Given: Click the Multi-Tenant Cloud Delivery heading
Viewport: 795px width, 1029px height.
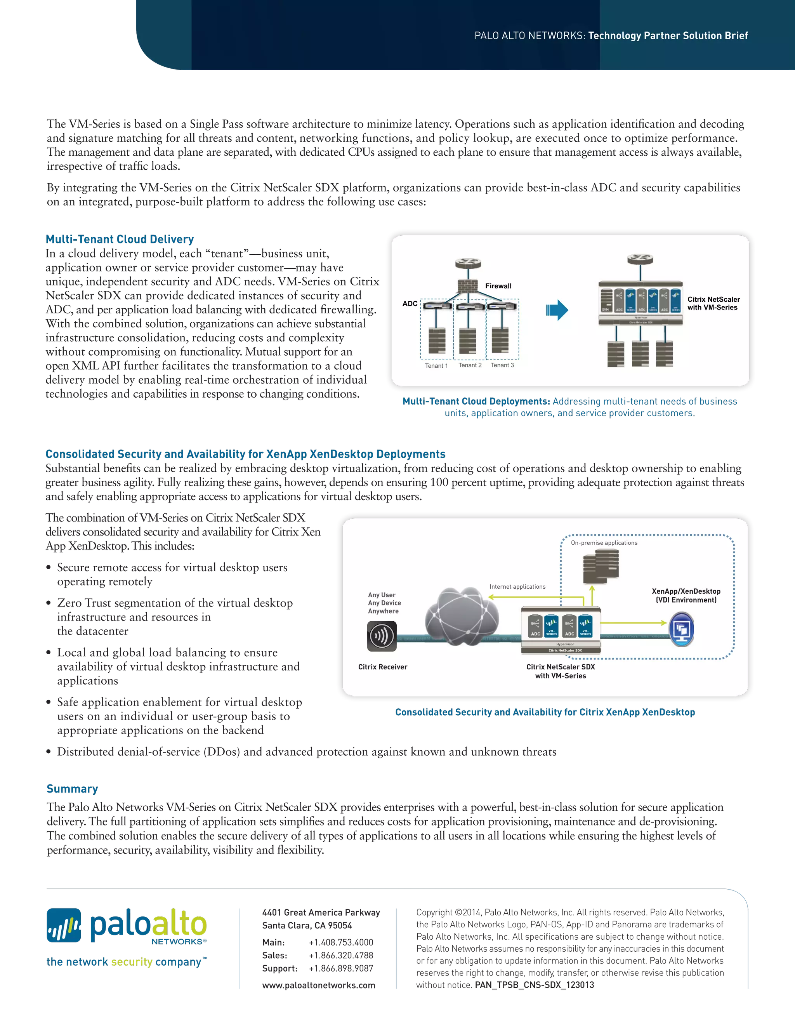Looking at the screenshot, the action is tap(120, 239).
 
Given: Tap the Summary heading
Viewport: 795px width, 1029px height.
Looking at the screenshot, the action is tap(72, 788).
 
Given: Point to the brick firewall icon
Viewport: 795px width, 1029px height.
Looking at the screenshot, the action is tap(468, 285).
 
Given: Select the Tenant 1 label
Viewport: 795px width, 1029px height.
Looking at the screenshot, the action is tap(436, 366).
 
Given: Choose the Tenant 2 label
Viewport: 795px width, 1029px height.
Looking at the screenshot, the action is tap(470, 365).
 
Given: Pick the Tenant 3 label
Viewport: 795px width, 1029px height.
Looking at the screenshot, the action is tap(502, 365).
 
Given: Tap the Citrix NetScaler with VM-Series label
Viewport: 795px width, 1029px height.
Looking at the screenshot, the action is tap(713, 303).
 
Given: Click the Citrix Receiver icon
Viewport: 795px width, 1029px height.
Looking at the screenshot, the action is tap(382, 636).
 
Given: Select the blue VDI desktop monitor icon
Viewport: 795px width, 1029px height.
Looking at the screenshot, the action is tap(681, 629).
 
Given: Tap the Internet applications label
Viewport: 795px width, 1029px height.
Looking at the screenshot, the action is tap(517, 587).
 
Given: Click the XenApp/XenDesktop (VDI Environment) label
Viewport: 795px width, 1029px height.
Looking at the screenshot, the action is tap(686, 596).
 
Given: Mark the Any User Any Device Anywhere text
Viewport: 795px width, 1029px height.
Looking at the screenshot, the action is tap(384, 603).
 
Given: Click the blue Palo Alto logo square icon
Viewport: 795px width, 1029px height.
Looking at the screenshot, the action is tap(64, 925).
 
